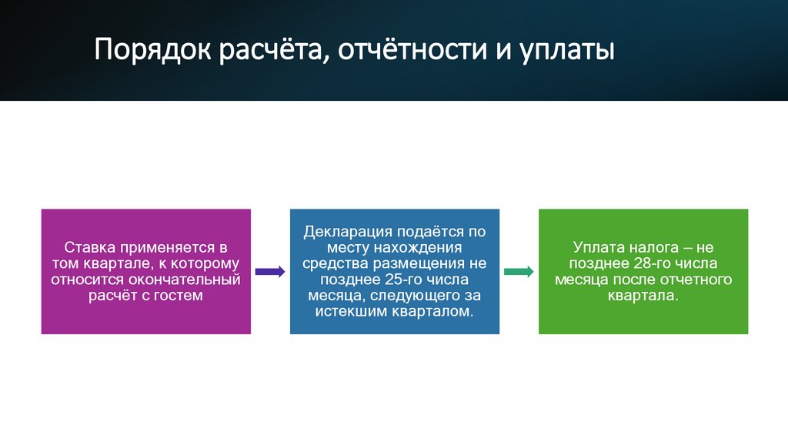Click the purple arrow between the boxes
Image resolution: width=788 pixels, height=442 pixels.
[x=270, y=271]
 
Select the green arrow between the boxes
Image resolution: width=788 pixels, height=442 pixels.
[x=519, y=271]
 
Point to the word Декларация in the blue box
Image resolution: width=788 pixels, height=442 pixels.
[x=348, y=232]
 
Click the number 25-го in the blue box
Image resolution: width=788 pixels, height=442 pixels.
[x=401, y=280]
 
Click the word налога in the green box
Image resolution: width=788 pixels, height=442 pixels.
[x=655, y=248]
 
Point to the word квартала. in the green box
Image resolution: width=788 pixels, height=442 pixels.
[x=643, y=295]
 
